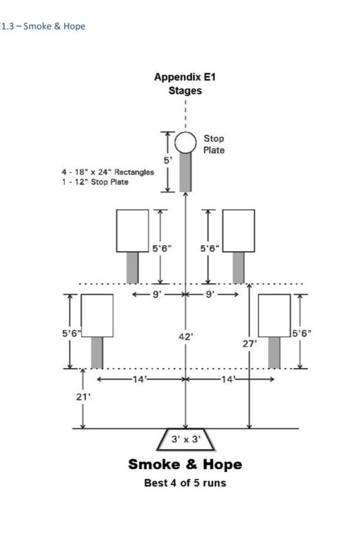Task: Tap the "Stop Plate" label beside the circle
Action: point(214,144)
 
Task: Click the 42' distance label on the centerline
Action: point(186,337)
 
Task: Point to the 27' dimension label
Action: point(249,344)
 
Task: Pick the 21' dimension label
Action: point(84,397)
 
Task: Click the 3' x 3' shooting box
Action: point(186,439)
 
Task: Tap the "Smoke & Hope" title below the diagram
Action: point(185,464)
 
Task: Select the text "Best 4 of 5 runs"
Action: point(185,483)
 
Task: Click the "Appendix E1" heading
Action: point(185,76)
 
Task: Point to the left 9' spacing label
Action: point(156,295)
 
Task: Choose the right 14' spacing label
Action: point(228,379)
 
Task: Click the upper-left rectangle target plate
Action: point(132,231)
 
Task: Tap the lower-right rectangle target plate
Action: point(274,315)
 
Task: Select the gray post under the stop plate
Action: point(186,172)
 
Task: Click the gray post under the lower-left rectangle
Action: point(97,353)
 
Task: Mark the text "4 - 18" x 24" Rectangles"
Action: point(108,172)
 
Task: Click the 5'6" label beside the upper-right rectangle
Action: point(210,249)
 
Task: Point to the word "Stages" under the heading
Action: point(185,91)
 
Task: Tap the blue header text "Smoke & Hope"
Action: point(54,26)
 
